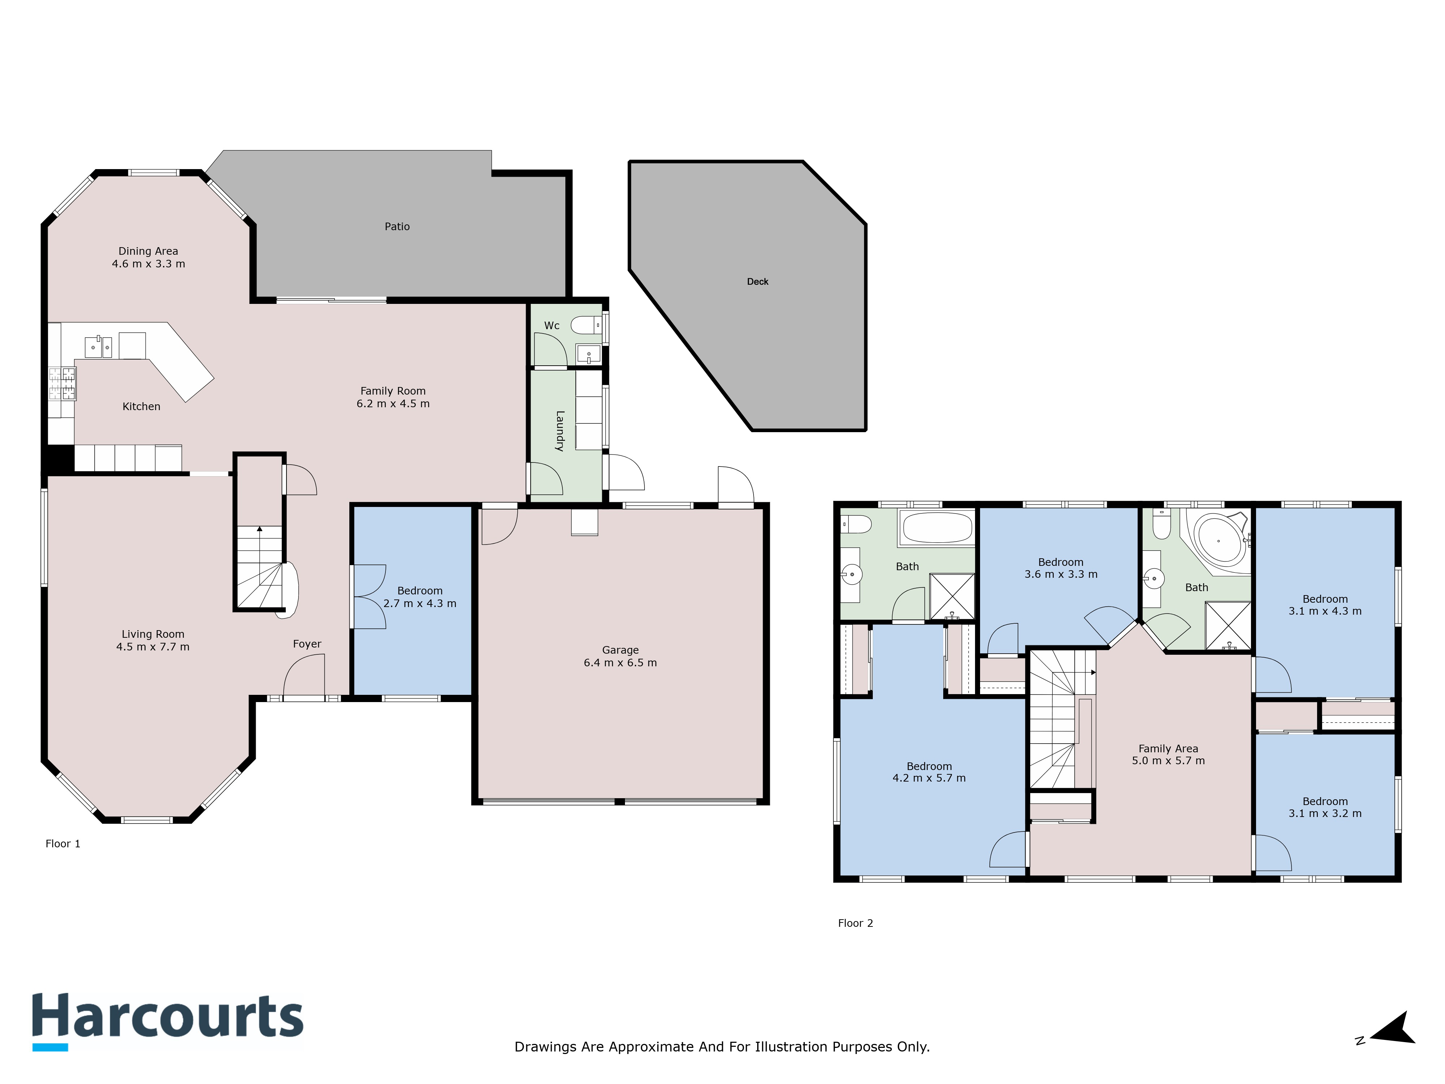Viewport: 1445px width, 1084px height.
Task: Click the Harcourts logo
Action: coord(168,1021)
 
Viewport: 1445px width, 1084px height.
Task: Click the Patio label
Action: coord(397,227)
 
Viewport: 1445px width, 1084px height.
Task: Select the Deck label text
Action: coord(758,281)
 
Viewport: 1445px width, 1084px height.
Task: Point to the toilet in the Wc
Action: coord(585,325)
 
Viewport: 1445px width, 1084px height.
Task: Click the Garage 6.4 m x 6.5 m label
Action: coord(621,656)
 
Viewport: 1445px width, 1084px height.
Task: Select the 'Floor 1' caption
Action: coord(63,844)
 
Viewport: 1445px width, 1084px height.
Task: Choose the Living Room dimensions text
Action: coord(153,647)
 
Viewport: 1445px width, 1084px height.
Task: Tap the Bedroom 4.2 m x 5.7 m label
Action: coord(929,772)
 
